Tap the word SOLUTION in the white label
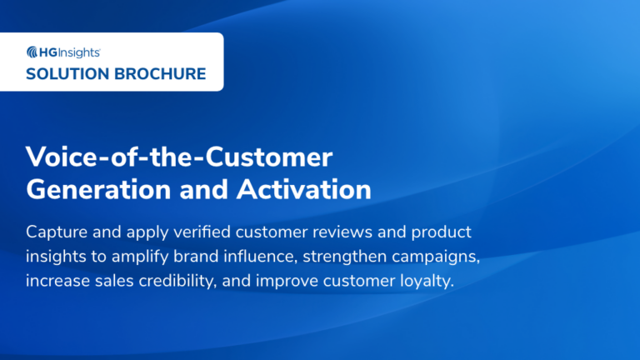click(65, 73)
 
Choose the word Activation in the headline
click(304, 189)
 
